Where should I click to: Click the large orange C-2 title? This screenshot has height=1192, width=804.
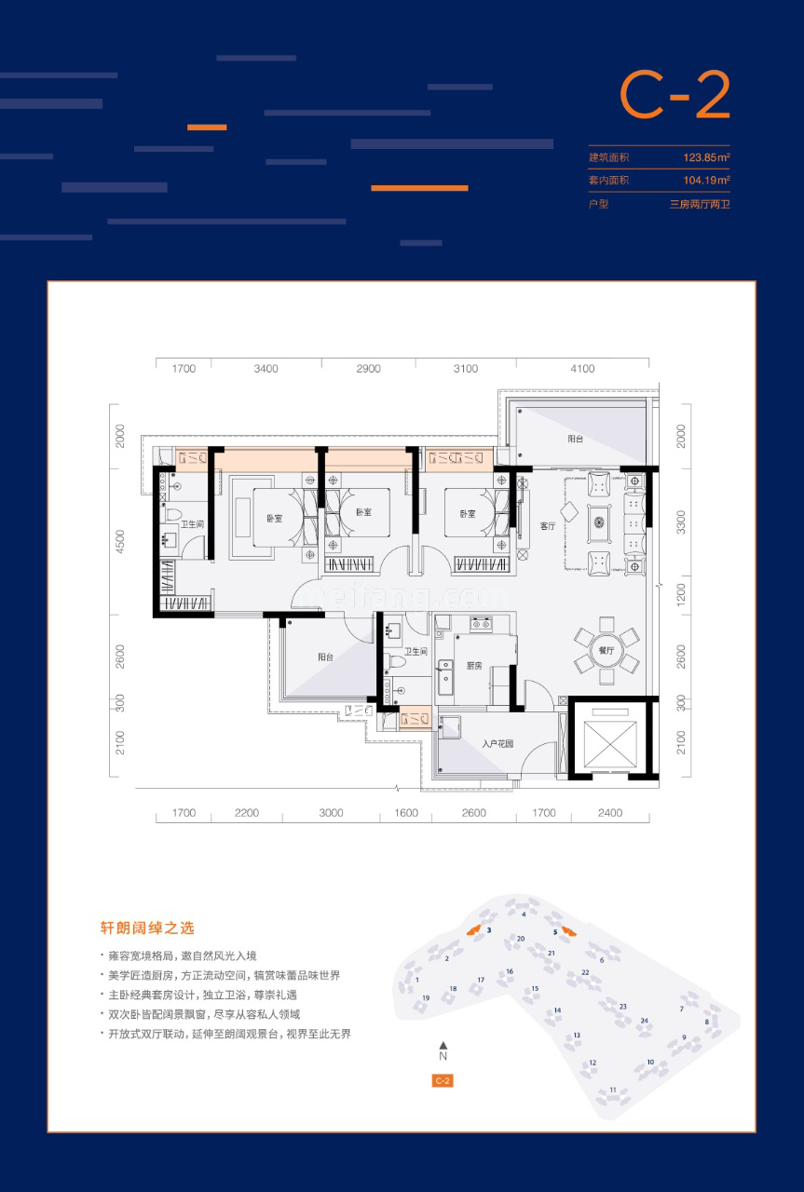pos(675,97)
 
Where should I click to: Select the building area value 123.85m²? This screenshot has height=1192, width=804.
pos(704,157)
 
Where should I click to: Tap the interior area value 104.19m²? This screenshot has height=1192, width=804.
pos(704,181)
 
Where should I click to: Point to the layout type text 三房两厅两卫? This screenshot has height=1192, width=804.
pos(699,204)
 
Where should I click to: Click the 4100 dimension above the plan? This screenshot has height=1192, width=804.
pos(582,369)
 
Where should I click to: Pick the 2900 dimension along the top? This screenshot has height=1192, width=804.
pos(368,369)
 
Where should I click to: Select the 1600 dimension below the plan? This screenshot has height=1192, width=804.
pos(406,813)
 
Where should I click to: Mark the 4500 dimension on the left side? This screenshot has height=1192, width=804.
pos(119,542)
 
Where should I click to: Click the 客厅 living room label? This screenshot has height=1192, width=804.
pos(547,526)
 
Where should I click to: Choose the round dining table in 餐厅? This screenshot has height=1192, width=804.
pos(606,650)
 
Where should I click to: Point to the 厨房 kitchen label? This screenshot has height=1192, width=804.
pos(473,666)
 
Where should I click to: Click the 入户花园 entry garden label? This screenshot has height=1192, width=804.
pos(498,743)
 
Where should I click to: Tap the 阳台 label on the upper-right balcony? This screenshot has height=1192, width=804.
pos(576,437)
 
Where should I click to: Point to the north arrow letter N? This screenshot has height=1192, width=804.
pos(443,1057)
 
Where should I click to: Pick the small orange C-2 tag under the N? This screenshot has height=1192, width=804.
pos(443,1081)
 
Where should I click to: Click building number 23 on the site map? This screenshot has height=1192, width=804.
pos(622,1006)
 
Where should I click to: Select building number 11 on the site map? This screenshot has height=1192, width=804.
pos(613,1090)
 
